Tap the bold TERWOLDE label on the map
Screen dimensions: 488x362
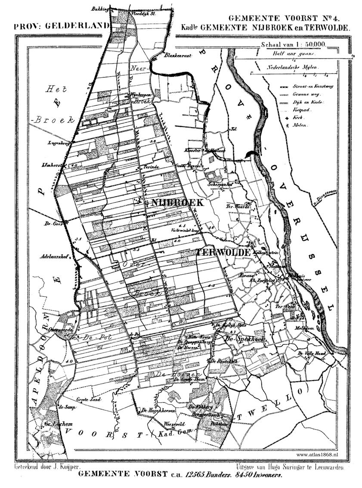(x=223, y=253)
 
